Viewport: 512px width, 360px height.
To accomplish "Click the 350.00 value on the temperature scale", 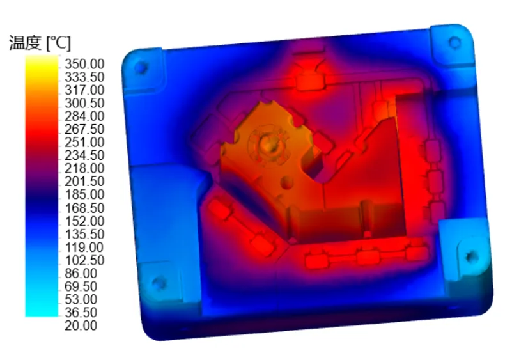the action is [x=84, y=64].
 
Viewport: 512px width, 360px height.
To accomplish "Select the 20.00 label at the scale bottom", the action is [x=81, y=325].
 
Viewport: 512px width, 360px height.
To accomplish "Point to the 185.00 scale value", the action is [x=84, y=194].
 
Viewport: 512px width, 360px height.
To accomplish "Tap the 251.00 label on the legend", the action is [x=84, y=142].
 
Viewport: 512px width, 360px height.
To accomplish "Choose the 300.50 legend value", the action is [x=84, y=103].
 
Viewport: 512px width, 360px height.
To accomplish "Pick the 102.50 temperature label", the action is [x=84, y=260].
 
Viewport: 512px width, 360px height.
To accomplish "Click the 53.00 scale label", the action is [x=81, y=299].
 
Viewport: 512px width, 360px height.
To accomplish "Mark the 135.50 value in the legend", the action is [x=84, y=234].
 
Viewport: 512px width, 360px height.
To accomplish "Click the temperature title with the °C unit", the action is [x=40, y=43].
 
